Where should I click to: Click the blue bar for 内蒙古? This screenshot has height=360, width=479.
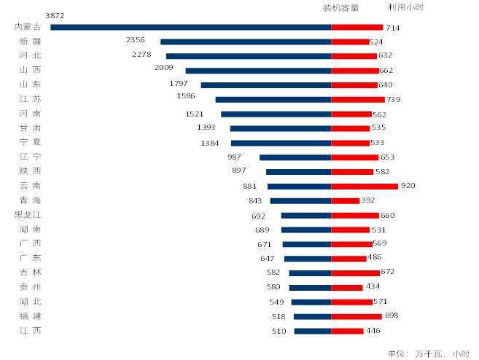pyautogui.click(x=190, y=27)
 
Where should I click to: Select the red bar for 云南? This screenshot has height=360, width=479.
pyautogui.click(x=365, y=186)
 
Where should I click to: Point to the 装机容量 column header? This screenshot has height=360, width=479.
pyautogui.click(x=340, y=8)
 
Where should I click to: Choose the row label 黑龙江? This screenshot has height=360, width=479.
pyautogui.click(x=28, y=215)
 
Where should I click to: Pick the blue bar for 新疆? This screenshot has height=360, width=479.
pyautogui.click(x=246, y=42)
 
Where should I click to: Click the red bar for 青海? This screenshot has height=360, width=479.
pyautogui.click(x=346, y=200)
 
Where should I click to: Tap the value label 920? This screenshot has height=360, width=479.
pyautogui.click(x=408, y=186)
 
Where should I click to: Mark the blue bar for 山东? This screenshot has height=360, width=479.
pyautogui.click(x=266, y=85)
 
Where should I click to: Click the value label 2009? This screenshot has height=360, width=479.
pyautogui.click(x=164, y=68)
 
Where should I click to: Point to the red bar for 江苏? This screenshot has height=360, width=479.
pyautogui.click(x=358, y=99)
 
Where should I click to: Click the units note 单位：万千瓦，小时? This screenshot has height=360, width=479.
pyautogui.click(x=428, y=353)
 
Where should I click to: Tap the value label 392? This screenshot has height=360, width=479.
pyautogui.click(x=367, y=200)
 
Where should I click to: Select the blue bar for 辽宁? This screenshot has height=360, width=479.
pyautogui.click(x=295, y=157)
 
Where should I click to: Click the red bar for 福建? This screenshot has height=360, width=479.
pyautogui.click(x=357, y=316)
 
